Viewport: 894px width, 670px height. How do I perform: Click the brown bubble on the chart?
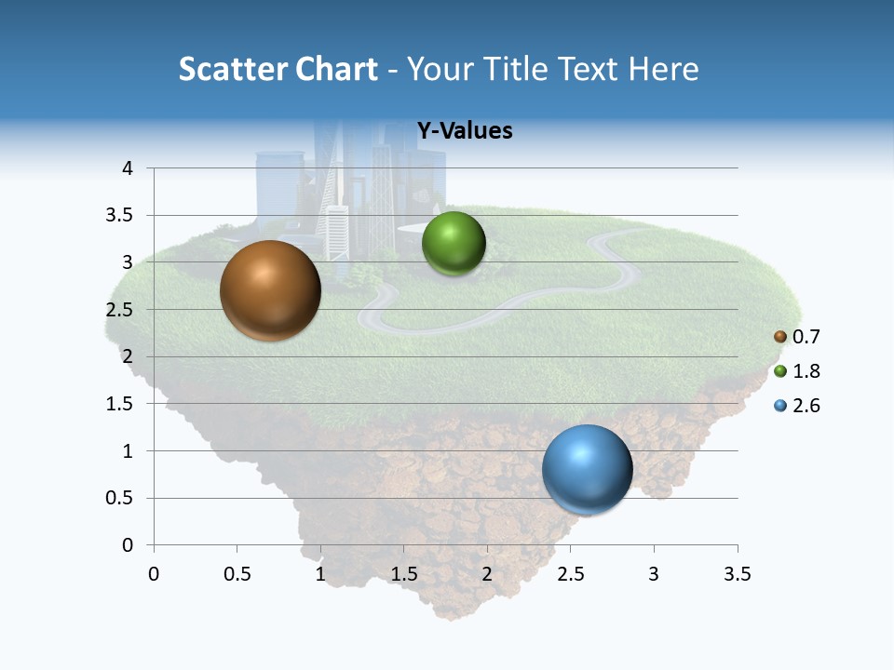point(270,290)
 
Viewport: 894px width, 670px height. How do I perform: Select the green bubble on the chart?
point(454,244)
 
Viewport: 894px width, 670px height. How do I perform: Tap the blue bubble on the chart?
point(588,470)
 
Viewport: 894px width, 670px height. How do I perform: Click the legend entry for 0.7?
point(797,336)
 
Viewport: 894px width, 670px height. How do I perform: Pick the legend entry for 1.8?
point(797,371)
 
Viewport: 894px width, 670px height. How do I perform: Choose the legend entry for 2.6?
point(797,406)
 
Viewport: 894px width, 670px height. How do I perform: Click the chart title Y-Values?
point(465,131)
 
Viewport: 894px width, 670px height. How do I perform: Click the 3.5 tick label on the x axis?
point(737,574)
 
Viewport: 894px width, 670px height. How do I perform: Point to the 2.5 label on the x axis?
point(570,574)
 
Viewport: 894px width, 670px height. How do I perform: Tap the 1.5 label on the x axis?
point(403,574)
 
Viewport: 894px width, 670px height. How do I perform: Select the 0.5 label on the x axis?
point(237,574)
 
